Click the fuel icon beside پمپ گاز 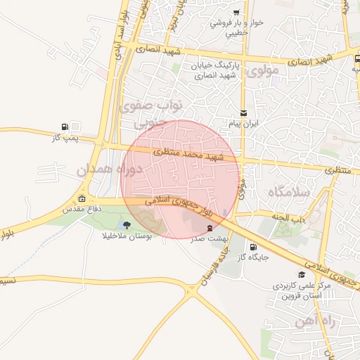(x=65, y=127)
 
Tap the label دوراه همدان (x=110, y=169)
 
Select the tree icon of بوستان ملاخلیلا (x=127, y=225)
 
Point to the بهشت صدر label (x=210, y=239)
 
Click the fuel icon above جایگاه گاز (x=252, y=246)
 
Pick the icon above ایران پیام (x=244, y=112)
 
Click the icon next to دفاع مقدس (x=83, y=198)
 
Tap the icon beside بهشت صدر (x=210, y=228)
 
